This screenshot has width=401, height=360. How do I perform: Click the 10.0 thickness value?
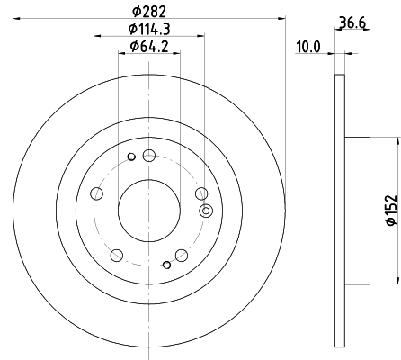click(x=307, y=47)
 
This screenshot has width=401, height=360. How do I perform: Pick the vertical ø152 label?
click(x=390, y=209)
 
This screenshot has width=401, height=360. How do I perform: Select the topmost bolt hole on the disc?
click(x=148, y=157)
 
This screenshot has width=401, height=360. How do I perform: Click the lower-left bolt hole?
click(x=116, y=254)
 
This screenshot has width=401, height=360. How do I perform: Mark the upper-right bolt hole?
click(x=201, y=192)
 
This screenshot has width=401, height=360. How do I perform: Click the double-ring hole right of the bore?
click(x=206, y=211)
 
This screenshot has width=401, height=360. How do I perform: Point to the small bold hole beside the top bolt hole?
click(x=131, y=158)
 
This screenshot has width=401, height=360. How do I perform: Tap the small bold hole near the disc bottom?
click(x=166, y=265)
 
